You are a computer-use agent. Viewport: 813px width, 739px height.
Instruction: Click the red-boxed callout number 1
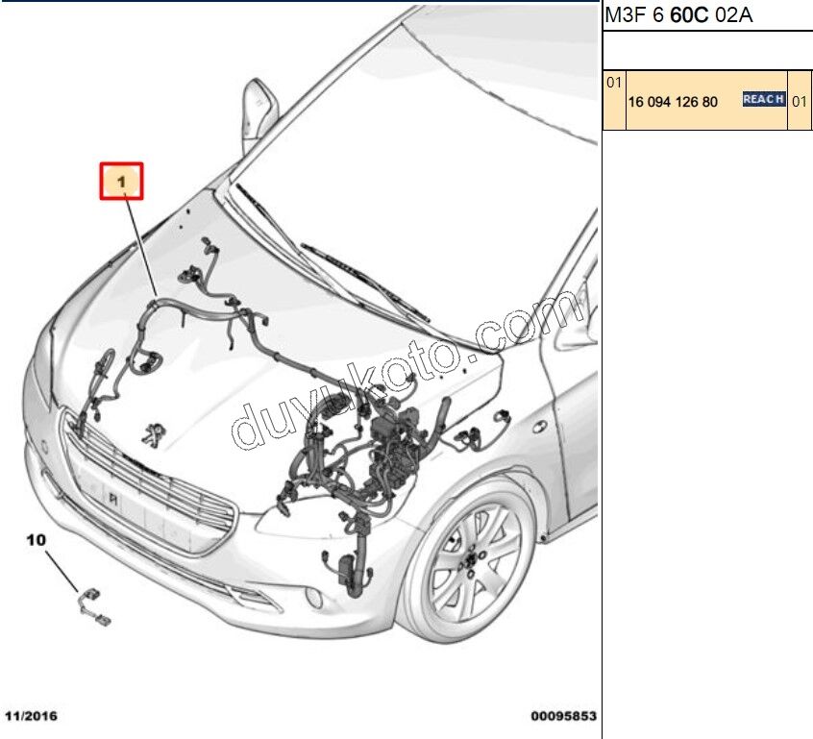pyautogui.click(x=122, y=181)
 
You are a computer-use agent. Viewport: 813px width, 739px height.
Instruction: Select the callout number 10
pyautogui.click(x=36, y=542)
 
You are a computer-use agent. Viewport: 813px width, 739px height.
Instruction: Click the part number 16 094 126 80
pyautogui.click(x=673, y=101)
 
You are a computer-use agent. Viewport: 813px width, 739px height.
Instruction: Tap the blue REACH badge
pyautogui.click(x=764, y=99)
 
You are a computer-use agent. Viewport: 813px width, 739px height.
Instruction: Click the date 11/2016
pyautogui.click(x=31, y=716)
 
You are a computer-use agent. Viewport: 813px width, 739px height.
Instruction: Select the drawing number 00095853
pyautogui.click(x=563, y=716)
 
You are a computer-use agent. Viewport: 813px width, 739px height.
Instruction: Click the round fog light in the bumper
pyautogui.click(x=314, y=597)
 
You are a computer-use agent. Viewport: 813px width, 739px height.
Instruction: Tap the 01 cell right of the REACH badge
pyautogui.click(x=800, y=100)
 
